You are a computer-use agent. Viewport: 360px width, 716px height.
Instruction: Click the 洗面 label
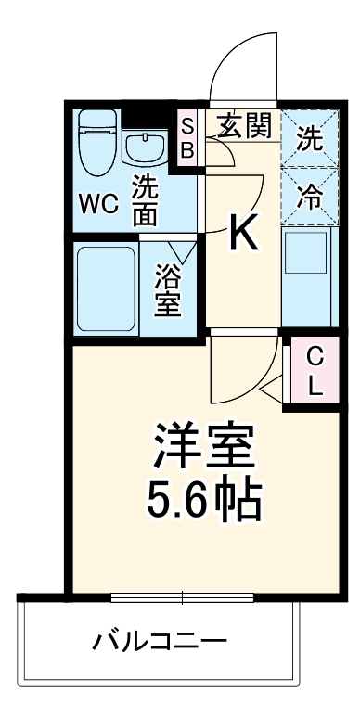145,199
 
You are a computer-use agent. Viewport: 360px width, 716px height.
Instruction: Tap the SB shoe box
187,135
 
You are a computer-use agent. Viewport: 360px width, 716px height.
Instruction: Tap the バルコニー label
159,642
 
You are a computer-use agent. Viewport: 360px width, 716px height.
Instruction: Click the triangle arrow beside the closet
271,391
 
